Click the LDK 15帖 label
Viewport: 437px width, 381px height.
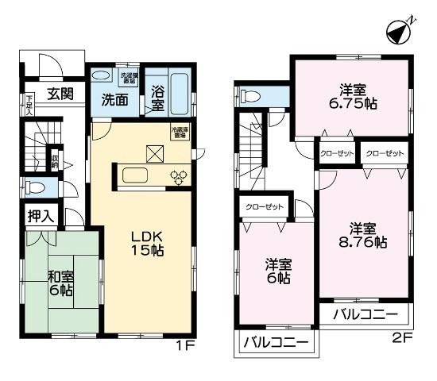pos(145,243)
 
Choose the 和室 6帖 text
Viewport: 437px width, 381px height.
pos(60,283)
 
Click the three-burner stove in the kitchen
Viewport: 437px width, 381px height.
pos(177,176)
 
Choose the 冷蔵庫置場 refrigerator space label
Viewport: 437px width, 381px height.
pos(178,133)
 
